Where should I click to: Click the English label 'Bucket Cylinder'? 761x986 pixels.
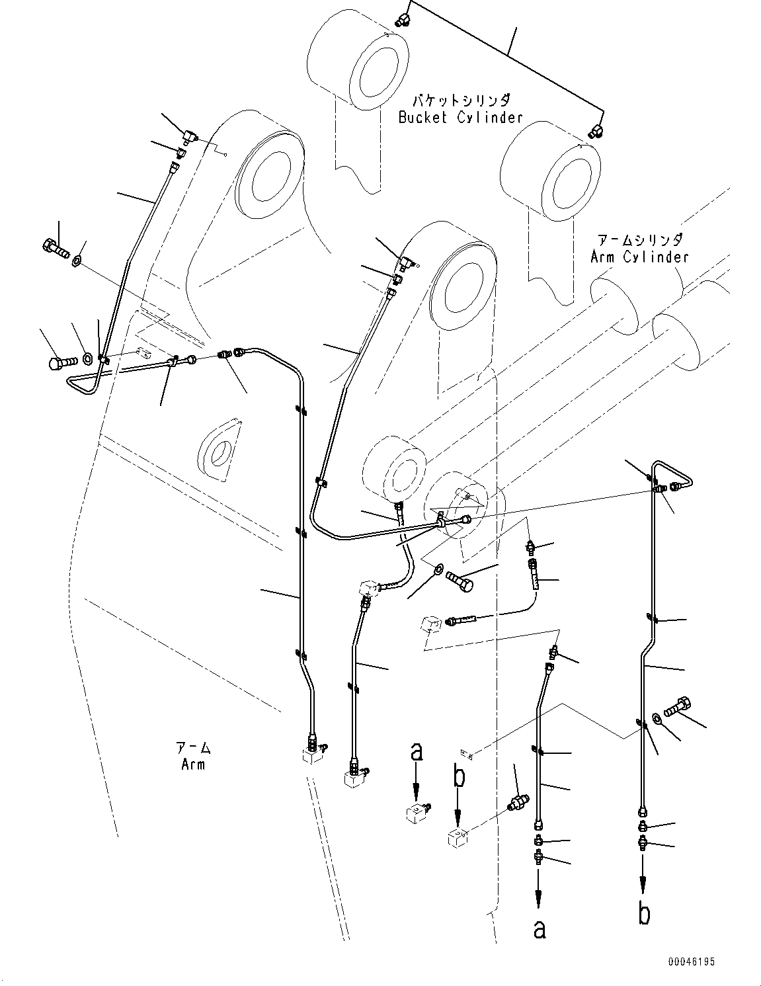coord(460,118)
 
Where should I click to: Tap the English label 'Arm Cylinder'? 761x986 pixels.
coord(639,257)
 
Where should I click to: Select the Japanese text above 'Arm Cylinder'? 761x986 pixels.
coord(639,240)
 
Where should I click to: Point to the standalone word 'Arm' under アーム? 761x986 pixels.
coord(193,764)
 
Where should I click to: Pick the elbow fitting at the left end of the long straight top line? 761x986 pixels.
coord(401,20)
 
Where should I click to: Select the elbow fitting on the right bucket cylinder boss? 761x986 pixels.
coord(596,131)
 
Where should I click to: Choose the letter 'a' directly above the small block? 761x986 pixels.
coord(416,752)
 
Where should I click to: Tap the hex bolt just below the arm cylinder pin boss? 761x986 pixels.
coord(460,581)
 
